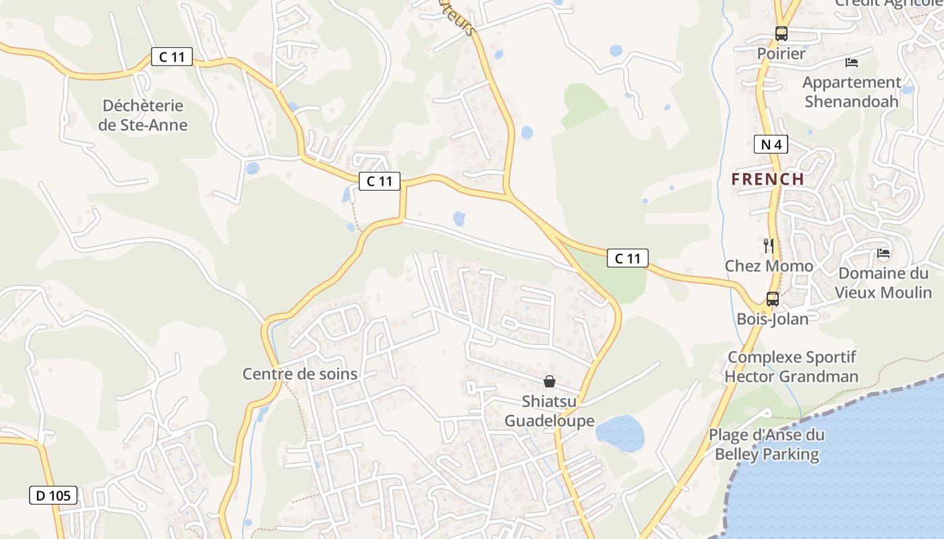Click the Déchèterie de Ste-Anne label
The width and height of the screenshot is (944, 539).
(x=143, y=115)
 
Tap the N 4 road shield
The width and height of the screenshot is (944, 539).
(x=771, y=144)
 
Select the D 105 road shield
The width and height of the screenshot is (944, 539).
(x=53, y=496)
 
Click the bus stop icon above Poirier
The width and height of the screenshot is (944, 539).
(x=781, y=33)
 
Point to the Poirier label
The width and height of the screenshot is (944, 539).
(x=781, y=53)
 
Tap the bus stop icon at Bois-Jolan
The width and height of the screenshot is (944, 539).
(x=773, y=298)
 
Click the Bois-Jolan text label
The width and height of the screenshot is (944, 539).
(x=773, y=319)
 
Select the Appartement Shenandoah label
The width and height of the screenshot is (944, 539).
(x=852, y=92)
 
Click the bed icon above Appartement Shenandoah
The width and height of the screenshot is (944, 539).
(x=852, y=63)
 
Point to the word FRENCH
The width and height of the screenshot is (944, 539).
(x=768, y=179)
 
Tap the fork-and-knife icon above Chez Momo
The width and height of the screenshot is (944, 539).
(x=768, y=245)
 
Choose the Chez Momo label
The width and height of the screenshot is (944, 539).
(x=769, y=266)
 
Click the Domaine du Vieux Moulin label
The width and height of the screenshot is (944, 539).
(x=883, y=282)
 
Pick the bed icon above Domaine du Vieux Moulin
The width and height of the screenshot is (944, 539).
(x=883, y=253)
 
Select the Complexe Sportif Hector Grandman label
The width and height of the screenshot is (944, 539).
(x=792, y=367)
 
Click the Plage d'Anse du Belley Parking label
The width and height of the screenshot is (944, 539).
(x=767, y=445)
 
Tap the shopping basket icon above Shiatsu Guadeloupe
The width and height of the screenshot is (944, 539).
(x=550, y=381)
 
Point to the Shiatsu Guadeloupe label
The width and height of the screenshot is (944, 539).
(x=550, y=411)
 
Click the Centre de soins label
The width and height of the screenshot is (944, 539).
(x=300, y=374)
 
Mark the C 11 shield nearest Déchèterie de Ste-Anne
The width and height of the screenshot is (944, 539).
(x=172, y=57)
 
